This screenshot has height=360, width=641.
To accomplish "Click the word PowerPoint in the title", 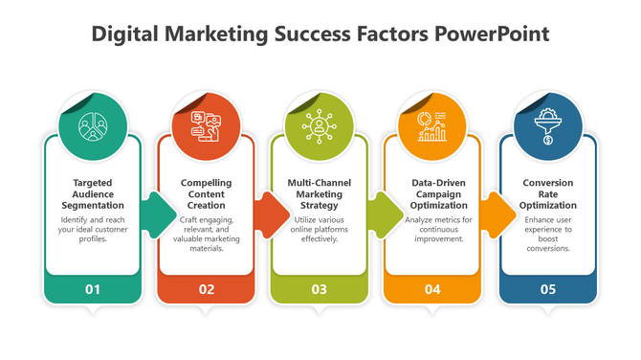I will pos(493,34).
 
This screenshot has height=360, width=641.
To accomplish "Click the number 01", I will pos(92,288).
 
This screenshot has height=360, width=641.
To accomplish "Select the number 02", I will pos(206,288).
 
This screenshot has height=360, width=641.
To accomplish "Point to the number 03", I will pos(320,288).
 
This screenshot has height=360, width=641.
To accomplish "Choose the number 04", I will pos(433,288).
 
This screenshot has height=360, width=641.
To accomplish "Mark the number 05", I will pos(547,288).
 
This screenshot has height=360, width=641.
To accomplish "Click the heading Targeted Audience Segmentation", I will pos(92,193).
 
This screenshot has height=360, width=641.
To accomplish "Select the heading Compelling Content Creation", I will pos(206,193).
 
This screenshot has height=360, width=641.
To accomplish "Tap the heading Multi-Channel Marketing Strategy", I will pos(320,193).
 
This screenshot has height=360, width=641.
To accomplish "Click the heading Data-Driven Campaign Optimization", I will pos(433,193).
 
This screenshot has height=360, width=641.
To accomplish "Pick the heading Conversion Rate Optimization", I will pos(547,193).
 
